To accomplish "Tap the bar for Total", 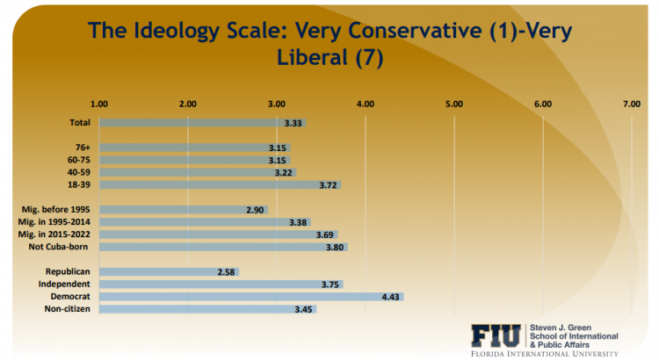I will tap(202, 123).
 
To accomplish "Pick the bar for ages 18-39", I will tap(220, 185).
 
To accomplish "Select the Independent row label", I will tap(64, 284).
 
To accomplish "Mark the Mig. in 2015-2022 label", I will tap(55, 234).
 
